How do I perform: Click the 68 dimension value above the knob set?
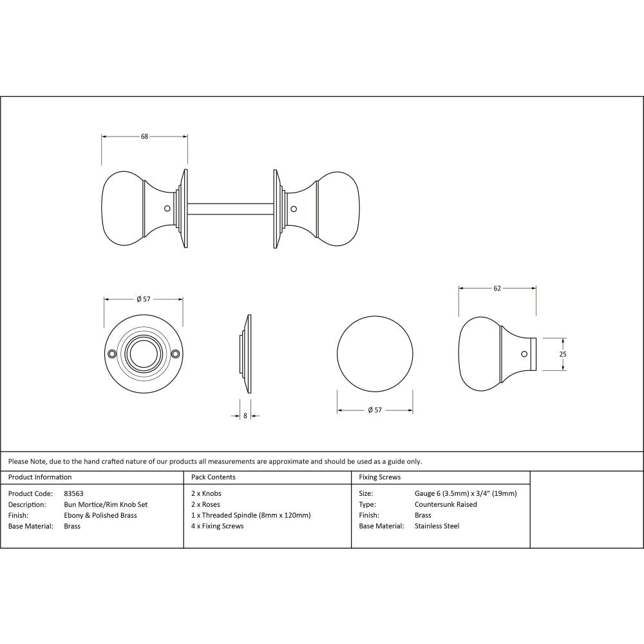tap(145, 136)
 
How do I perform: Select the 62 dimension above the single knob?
tap(497, 289)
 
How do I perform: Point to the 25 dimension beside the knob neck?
tap(562, 354)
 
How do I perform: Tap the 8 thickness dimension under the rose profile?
tap(245, 416)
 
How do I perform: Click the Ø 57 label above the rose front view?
tap(144, 299)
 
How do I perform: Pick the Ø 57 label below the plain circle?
tap(375, 410)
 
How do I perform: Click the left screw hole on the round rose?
tap(112, 354)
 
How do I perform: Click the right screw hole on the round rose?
tap(175, 354)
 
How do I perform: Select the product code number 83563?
tap(74, 493)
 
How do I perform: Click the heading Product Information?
tap(40, 477)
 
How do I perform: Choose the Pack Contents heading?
tap(213, 477)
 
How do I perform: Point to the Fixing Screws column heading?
tap(380, 477)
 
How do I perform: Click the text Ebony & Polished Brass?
tap(100, 515)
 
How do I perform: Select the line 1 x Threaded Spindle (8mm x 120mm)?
tap(251, 515)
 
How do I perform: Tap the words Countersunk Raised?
tap(446, 504)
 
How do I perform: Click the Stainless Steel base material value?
tap(437, 526)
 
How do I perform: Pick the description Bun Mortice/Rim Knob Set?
tap(106, 504)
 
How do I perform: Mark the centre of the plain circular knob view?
tap(375, 354)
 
